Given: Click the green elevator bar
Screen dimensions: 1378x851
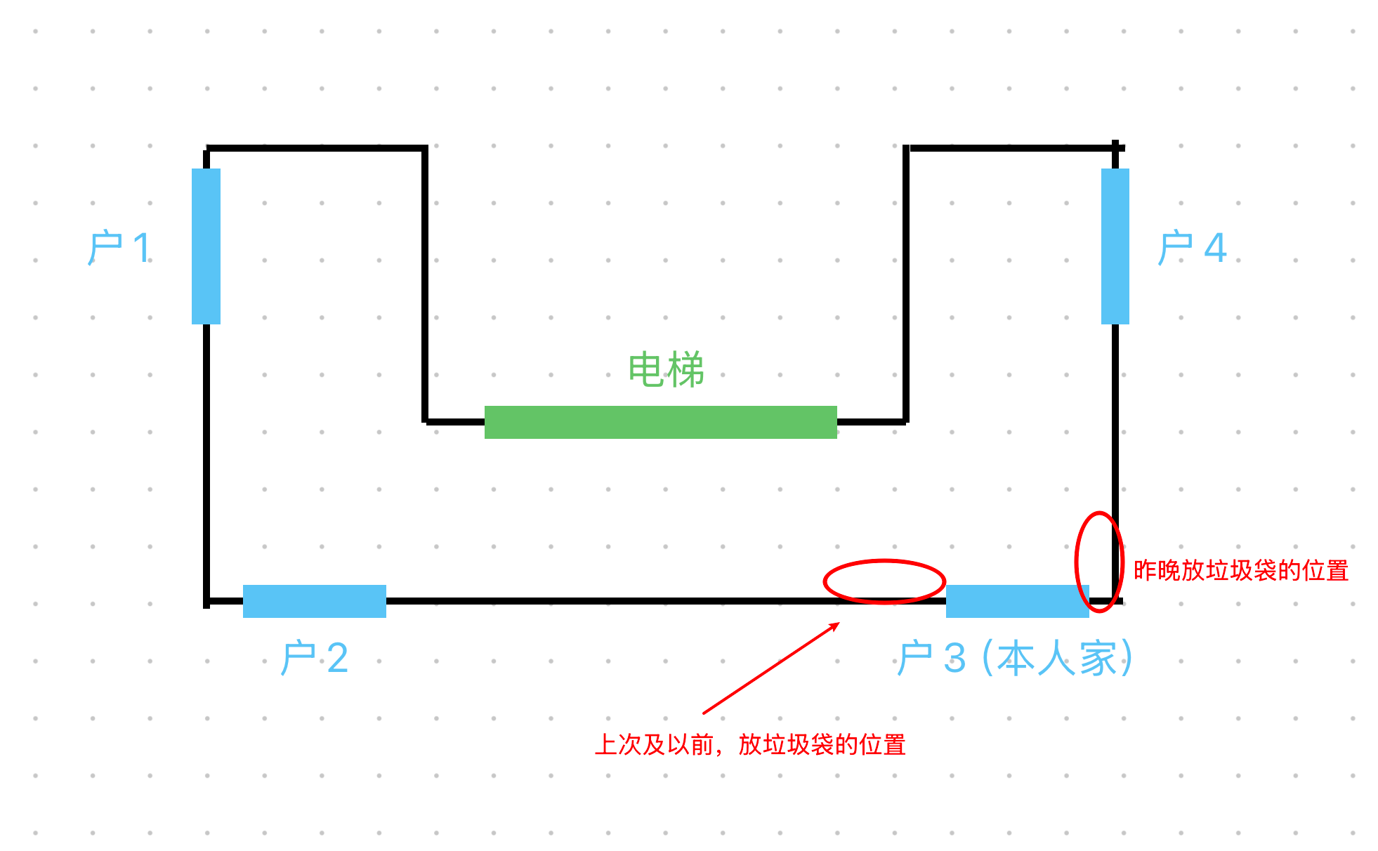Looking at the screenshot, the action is (660, 422).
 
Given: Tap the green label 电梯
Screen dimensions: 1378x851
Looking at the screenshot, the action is (666, 369).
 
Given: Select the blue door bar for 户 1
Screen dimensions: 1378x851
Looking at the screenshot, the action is (206, 246).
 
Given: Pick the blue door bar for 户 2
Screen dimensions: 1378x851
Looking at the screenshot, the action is (315, 601).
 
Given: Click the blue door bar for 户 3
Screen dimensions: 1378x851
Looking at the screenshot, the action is (1017, 601).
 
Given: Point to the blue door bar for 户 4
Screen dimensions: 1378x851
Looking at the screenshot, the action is (1115, 246).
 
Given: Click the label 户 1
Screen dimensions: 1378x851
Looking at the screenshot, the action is (119, 248).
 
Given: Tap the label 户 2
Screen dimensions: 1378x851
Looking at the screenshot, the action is (314, 658).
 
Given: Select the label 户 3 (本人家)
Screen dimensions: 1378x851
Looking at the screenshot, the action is (1015, 658).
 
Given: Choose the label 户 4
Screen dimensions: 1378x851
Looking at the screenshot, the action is (1192, 248).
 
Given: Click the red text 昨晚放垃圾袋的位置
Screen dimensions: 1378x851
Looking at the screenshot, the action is (1241, 570).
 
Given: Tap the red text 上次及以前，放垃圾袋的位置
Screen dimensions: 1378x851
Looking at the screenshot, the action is (750, 744).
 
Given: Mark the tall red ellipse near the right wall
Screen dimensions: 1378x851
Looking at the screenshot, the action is (1076, 562).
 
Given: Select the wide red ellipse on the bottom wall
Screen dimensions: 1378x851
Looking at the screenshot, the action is (884, 560).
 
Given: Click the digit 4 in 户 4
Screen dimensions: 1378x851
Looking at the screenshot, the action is (1216, 248).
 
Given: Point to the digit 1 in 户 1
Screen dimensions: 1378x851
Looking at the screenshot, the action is (143, 248).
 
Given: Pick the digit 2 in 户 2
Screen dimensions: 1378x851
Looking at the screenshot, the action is (338, 658).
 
